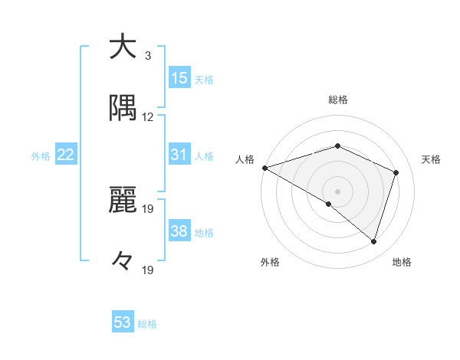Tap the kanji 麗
click(121, 201)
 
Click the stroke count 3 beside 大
click(147, 56)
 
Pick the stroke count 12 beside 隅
click(148, 117)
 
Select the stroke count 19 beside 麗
click(148, 209)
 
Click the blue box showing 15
click(179, 78)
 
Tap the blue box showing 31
click(179, 155)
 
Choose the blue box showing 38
click(179, 231)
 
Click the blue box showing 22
click(66, 155)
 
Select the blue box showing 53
click(123, 322)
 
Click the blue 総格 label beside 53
click(147, 324)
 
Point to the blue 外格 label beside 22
click(41, 156)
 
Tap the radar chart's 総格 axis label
click(338, 100)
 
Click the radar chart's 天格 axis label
click(431, 159)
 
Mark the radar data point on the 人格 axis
click(264, 168)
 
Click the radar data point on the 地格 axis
click(373, 242)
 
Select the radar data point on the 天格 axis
click(396, 172)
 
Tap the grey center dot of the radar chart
click(338, 191)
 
